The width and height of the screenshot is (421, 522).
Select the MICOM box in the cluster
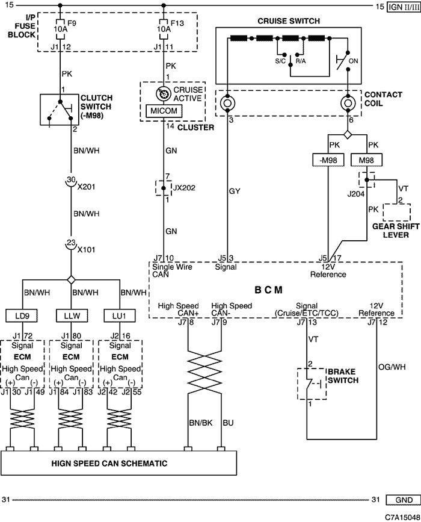coord(164,111)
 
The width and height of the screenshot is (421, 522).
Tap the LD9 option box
coord(22,315)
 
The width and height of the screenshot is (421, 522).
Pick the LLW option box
coord(72,315)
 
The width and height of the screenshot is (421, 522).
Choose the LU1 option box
coord(119,315)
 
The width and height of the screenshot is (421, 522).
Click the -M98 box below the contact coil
coord(328,160)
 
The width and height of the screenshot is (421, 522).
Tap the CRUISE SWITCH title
coord(289,21)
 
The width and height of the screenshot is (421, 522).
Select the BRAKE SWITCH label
coord(343,376)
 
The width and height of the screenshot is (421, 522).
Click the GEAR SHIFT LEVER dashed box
coord(397,213)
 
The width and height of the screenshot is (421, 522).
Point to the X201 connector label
coord(86,187)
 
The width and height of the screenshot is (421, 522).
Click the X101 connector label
coord(86,249)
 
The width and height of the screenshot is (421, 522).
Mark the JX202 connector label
coord(184,188)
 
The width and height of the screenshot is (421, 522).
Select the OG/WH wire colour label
coord(392,367)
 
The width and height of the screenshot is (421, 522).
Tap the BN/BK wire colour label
coord(200,423)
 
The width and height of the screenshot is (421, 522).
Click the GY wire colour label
coord(235,191)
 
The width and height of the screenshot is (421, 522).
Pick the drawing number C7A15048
coord(402,517)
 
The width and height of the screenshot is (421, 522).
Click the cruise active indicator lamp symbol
coord(163,94)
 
